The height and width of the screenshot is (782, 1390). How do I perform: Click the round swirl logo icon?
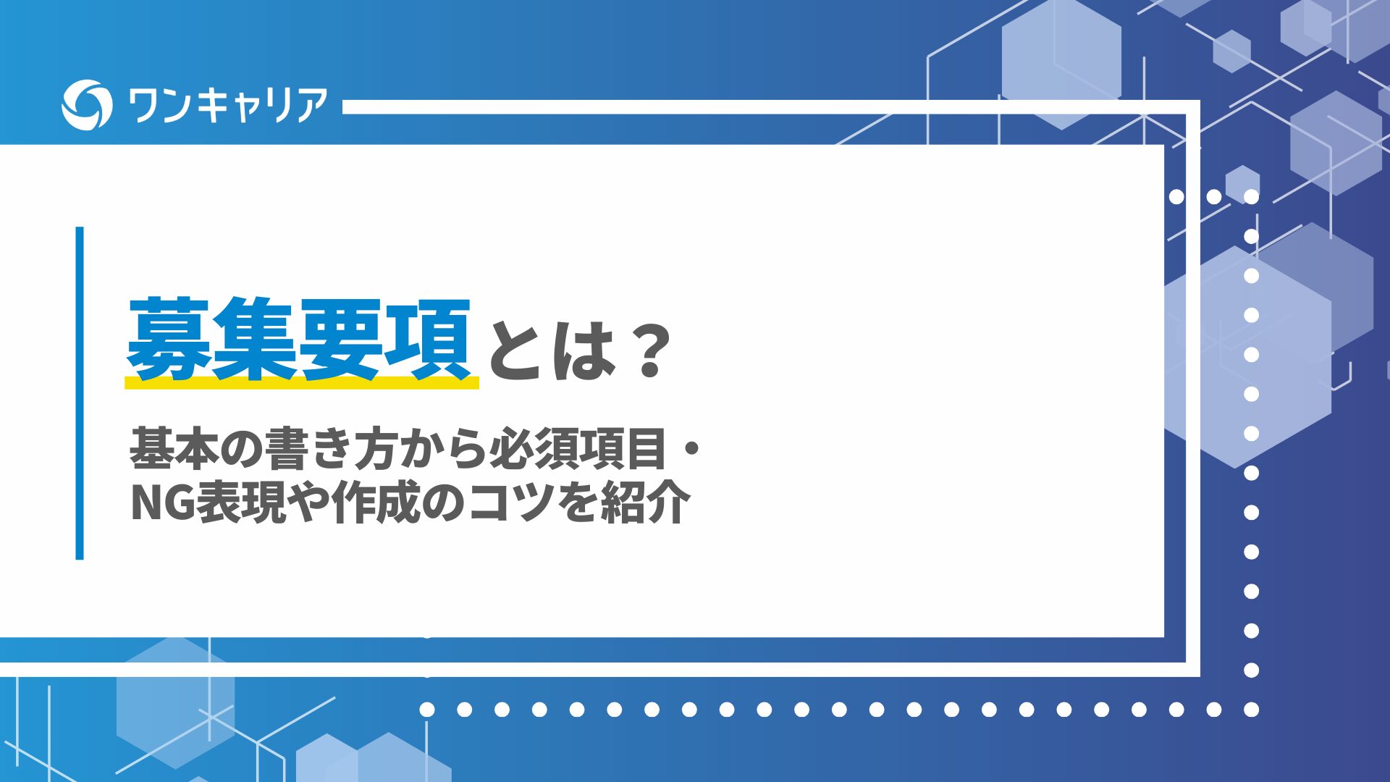coord(87,105)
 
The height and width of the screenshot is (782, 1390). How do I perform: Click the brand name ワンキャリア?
coord(227,105)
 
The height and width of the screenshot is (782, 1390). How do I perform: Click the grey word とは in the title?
coord(552,351)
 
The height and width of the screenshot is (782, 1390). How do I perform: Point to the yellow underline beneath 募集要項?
coord(302,382)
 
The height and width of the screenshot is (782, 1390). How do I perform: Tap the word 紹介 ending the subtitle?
coord(645,503)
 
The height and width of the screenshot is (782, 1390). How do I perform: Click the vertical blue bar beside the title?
coord(80,393)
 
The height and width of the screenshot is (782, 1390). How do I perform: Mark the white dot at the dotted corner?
coord(1251,710)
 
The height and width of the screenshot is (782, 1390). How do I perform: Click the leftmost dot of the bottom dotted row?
coord(427,710)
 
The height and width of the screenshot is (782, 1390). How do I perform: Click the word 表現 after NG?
coord(241,503)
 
